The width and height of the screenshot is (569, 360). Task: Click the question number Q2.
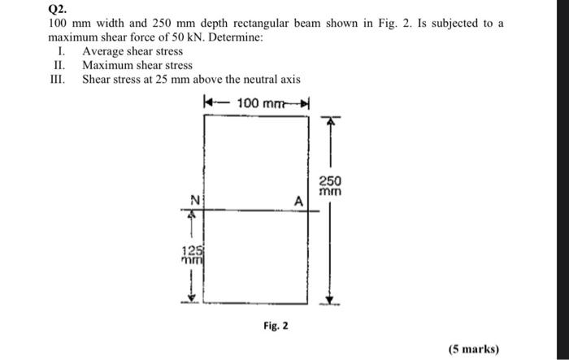point(58,10)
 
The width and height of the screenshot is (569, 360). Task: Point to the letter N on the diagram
point(193,199)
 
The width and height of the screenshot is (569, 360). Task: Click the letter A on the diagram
point(298,200)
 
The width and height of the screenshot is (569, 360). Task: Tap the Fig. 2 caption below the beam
point(275,326)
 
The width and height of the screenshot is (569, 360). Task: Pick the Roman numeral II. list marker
point(58,65)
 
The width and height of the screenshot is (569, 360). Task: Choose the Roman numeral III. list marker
point(58,79)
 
